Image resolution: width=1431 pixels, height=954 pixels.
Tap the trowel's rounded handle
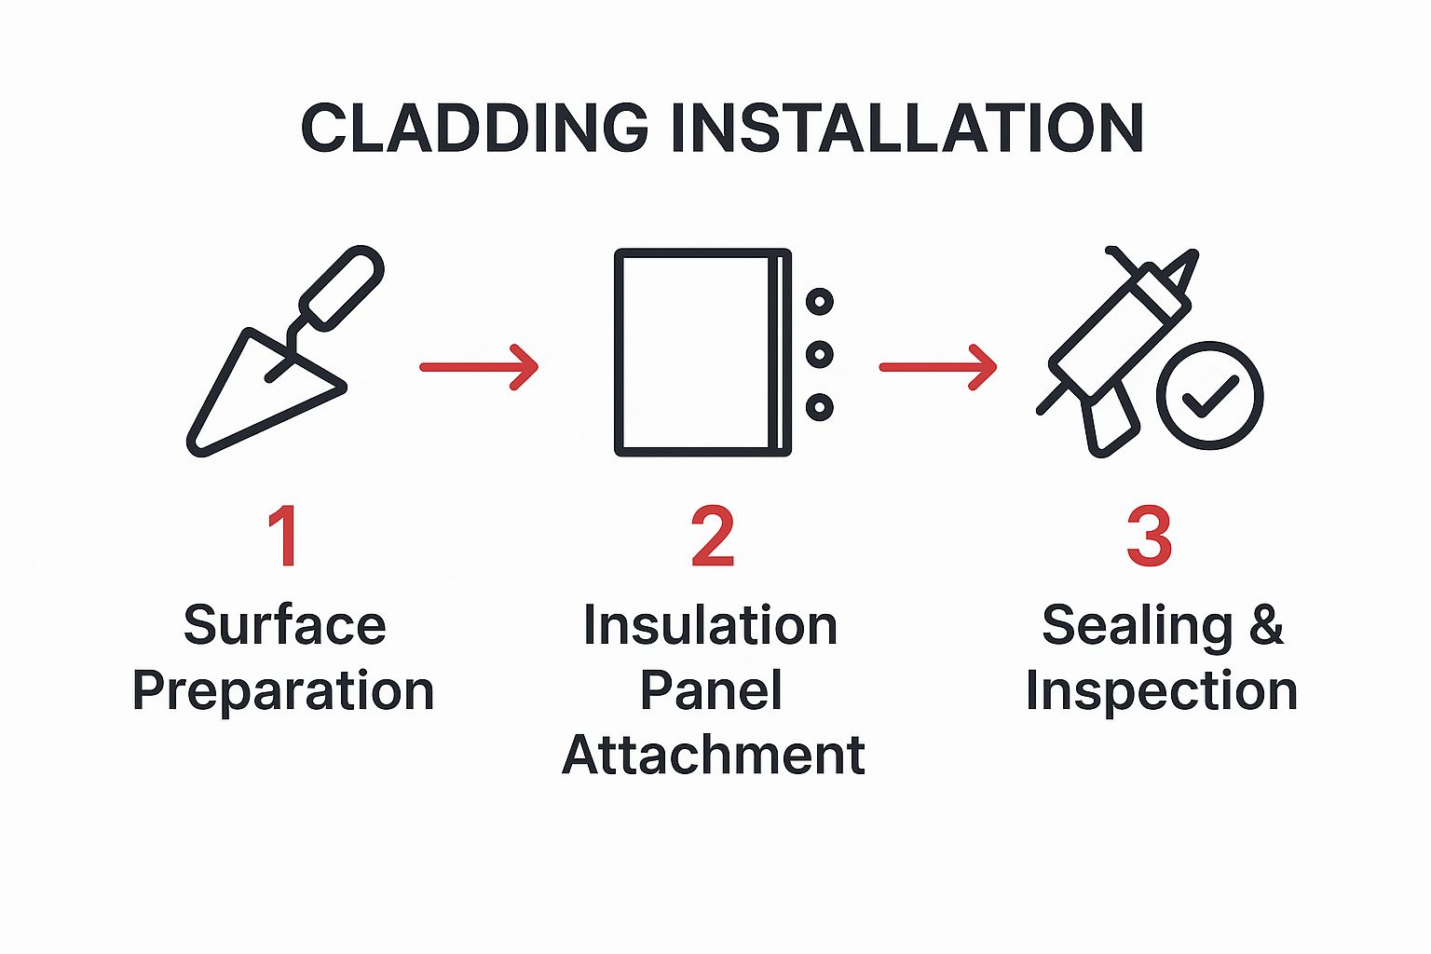(x=342, y=288)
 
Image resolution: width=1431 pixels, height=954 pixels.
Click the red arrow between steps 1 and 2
(x=479, y=367)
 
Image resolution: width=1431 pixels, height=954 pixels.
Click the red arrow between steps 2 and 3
(x=938, y=367)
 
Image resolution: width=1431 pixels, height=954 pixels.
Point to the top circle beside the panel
(x=820, y=301)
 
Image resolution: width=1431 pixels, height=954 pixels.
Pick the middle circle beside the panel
(x=820, y=354)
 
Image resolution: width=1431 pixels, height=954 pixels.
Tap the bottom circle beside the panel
(x=820, y=407)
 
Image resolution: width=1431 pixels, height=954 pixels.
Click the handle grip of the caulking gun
(x=1111, y=423)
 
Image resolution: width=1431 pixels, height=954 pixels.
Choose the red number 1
(x=283, y=536)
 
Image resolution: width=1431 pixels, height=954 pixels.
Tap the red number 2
(x=713, y=536)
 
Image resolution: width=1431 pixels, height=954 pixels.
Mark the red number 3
(x=1150, y=536)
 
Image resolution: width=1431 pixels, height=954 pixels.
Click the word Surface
(x=285, y=624)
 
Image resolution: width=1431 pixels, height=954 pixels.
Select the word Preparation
(x=283, y=691)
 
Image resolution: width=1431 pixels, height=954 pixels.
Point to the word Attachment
(x=714, y=755)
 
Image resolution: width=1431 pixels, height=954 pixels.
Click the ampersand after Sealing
(x=1266, y=624)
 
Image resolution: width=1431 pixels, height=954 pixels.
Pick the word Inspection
(x=1162, y=691)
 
